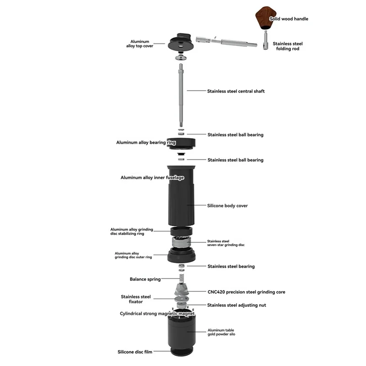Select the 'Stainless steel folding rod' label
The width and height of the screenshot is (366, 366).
(288, 46)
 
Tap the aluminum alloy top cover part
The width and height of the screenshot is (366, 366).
(182, 43)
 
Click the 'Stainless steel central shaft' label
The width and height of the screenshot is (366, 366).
(236, 91)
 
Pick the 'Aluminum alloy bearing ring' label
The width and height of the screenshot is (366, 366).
(146, 143)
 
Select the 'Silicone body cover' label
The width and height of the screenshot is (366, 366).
(227, 206)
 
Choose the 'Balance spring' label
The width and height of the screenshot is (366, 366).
(145, 279)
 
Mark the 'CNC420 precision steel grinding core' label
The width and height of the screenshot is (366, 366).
(246, 292)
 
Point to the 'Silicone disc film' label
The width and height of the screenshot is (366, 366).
(135, 352)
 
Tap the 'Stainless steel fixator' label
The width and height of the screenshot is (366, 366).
(135, 299)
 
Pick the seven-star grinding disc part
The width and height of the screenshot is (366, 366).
(182, 242)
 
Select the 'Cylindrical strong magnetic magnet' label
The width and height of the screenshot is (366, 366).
(157, 314)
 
